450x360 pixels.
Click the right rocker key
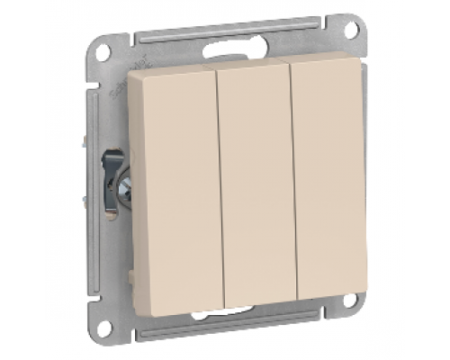tap(328, 184)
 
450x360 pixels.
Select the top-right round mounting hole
tap(350, 31)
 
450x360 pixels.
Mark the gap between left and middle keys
tap(218, 193)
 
